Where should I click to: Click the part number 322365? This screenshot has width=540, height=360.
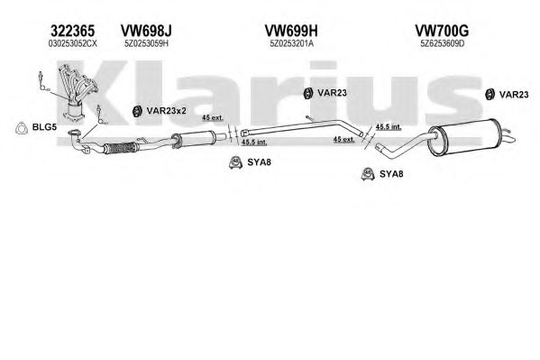[x=72, y=31]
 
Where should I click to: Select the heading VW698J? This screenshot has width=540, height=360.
[x=146, y=31]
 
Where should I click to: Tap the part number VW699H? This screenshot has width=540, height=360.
[x=291, y=31]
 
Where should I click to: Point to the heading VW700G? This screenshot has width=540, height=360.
[x=442, y=31]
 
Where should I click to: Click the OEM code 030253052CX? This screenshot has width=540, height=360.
[x=73, y=44]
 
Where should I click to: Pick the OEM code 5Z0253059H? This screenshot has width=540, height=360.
[x=146, y=44]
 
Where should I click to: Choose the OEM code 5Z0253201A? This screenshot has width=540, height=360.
[x=291, y=44]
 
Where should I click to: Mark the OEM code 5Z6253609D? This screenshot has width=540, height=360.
[x=443, y=44]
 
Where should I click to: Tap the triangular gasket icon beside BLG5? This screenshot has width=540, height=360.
[x=22, y=128]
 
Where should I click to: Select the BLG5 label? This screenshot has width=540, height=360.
[x=44, y=127]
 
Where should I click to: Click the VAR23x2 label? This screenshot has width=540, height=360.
[x=167, y=111]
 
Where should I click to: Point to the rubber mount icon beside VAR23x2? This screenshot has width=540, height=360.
[x=137, y=111]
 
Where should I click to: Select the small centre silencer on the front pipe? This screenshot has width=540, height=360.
[x=195, y=139]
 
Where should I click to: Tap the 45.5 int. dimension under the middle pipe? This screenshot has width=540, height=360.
[x=254, y=142]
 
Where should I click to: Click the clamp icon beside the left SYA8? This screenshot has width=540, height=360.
[x=235, y=162]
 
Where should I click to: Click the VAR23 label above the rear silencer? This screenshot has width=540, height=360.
[x=514, y=95]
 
